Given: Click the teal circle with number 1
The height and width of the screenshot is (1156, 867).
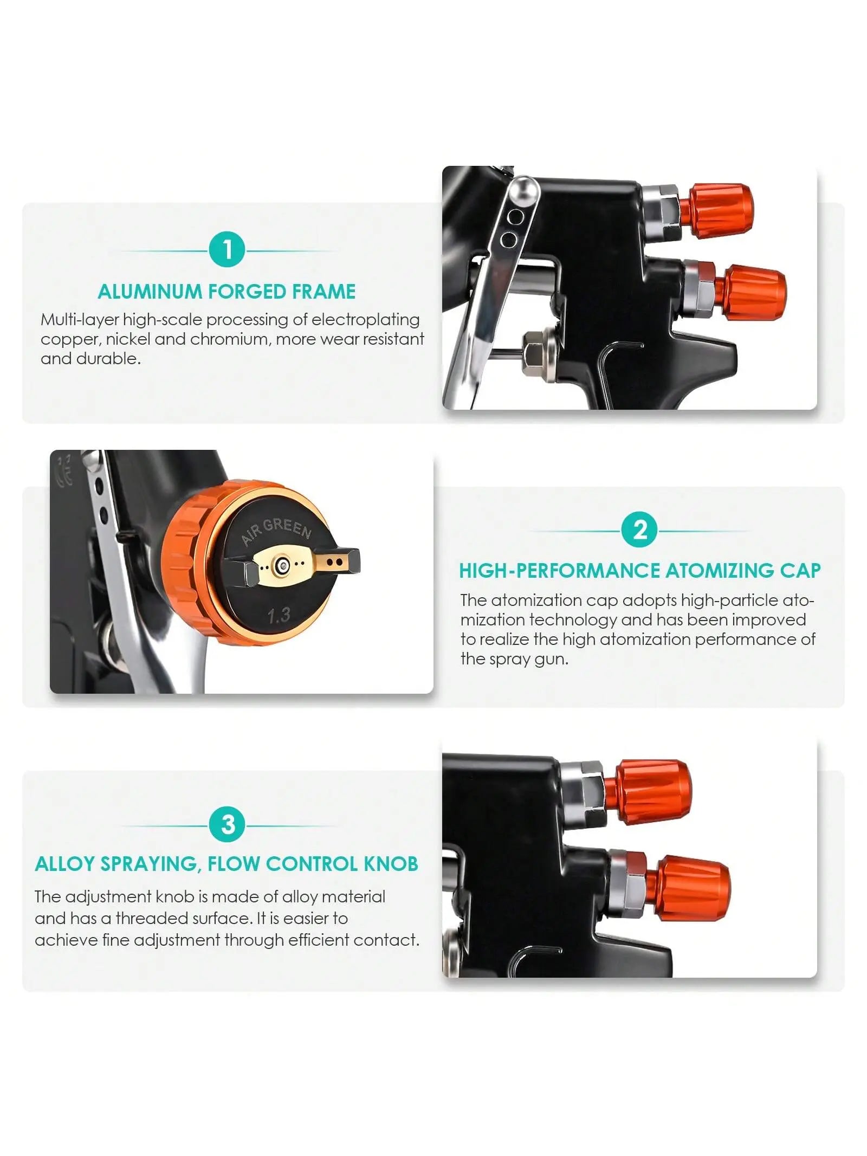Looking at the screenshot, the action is point(227,249).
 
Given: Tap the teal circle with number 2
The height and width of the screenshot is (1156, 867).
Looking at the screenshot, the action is point(639,529).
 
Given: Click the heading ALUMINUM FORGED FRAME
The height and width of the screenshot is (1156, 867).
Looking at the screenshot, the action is point(227,292).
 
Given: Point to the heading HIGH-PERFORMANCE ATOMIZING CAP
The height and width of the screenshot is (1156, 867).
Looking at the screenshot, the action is point(640,571).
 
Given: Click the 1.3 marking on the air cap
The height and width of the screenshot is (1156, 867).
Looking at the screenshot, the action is point(279,615).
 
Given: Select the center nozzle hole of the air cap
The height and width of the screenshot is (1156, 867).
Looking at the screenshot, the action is point(281,566).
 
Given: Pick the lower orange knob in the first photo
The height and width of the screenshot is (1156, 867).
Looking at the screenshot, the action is point(750,292).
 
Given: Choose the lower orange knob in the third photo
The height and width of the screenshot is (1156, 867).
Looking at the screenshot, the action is point(688,888).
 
